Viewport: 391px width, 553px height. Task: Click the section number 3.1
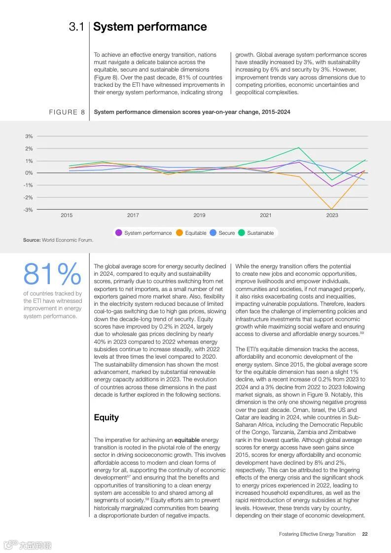coord(76,27)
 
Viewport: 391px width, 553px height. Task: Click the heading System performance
coord(150,27)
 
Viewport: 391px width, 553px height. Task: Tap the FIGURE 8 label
coord(67,112)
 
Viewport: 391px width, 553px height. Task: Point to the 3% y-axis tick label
coord(29,136)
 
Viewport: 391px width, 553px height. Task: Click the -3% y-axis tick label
coord(29,210)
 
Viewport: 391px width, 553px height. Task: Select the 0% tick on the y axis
coord(29,173)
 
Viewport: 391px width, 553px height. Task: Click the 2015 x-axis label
coord(67,215)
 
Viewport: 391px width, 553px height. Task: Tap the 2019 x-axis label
coord(199,215)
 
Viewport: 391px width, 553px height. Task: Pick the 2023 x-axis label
coord(332,215)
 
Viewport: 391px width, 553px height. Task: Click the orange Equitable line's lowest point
coord(332,209)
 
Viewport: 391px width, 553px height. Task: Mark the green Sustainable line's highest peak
coord(299,147)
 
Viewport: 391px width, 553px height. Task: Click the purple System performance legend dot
coord(119,233)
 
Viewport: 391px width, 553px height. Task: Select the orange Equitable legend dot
coord(179,233)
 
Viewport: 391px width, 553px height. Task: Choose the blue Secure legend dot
coord(213,233)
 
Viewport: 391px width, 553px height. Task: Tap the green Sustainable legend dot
coord(242,233)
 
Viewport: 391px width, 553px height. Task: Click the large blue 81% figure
coord(52,275)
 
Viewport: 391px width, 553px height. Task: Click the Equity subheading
coord(107,418)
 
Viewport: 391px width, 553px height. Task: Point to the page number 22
coord(364,534)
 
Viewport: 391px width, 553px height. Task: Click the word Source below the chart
coord(32,240)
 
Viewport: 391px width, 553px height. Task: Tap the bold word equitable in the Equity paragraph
coord(187,440)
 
